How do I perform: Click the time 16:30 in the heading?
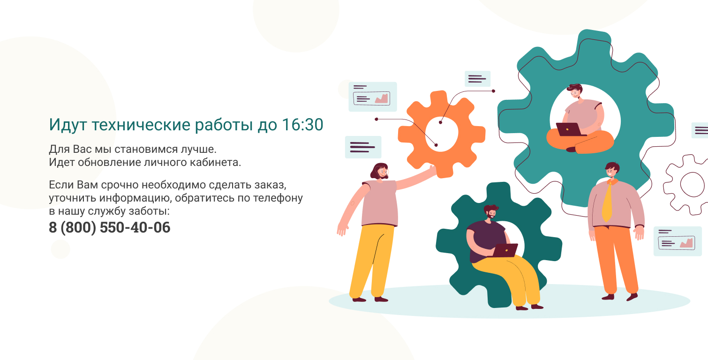click(x=302, y=125)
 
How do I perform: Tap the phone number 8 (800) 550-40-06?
click(x=109, y=227)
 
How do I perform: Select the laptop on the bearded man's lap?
click(x=505, y=250)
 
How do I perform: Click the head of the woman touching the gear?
click(x=380, y=172)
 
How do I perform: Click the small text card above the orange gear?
click(x=477, y=79)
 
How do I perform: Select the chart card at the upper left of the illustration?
click(x=373, y=97)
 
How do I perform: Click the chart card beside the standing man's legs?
click(x=678, y=241)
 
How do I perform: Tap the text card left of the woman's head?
click(x=363, y=147)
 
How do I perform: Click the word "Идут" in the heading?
click(x=68, y=125)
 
